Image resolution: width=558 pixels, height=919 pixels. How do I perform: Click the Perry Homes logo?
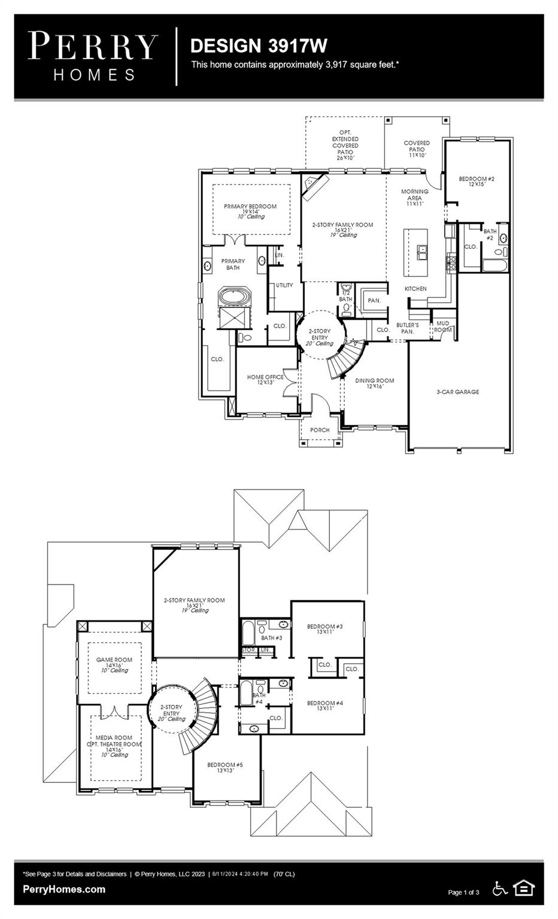tap(93, 56)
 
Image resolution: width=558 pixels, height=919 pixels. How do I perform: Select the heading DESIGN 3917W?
tap(259, 45)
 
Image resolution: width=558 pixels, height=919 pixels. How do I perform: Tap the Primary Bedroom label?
tap(250, 207)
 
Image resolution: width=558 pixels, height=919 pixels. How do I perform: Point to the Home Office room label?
tap(265, 378)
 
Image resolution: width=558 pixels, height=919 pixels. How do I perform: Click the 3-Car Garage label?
tap(457, 392)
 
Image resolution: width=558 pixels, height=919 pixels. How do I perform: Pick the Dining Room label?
tap(374, 381)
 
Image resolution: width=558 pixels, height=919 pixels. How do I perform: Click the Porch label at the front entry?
tap(320, 430)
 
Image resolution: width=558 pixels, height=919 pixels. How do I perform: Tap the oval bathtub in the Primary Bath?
tap(236, 297)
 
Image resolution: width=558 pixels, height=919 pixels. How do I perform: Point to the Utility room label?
tap(284, 285)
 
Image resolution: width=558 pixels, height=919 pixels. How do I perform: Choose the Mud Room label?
tap(443, 327)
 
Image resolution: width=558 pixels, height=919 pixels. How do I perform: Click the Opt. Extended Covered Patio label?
tap(345, 145)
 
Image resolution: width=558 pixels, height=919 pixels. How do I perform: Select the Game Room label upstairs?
tap(114, 661)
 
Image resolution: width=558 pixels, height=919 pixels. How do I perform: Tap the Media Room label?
tap(114, 738)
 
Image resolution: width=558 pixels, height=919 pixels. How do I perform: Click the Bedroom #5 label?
tap(225, 765)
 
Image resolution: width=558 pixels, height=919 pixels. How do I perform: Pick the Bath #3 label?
tap(272, 638)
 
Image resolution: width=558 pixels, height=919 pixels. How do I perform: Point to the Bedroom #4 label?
tap(325, 703)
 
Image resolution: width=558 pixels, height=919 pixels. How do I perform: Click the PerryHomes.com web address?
tap(64, 889)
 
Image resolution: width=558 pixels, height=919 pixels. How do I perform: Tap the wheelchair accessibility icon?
tap(500, 889)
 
